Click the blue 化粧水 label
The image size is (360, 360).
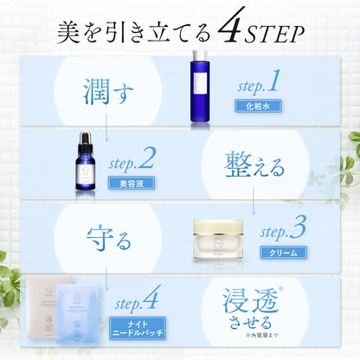pos(259,107)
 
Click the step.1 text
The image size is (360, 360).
pos(259,84)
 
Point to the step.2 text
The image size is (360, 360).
pos(132,159)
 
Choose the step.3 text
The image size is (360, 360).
pos(284,230)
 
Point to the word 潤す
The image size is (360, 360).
pos(96,89)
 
